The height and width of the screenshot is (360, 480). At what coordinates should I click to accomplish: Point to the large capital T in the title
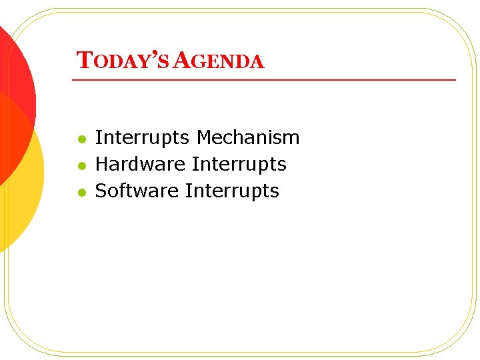83,61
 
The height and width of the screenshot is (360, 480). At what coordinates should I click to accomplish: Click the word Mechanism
248,138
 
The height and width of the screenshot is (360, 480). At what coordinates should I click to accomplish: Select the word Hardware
140,164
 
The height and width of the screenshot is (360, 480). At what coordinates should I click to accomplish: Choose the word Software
137,191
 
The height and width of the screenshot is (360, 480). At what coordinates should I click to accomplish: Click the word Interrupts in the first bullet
142,138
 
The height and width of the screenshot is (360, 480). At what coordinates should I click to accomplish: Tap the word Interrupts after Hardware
239,164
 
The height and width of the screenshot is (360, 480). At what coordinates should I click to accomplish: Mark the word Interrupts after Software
232,191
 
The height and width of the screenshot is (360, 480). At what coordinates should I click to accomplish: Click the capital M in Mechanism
204,138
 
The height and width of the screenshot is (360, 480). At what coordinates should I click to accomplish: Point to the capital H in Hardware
102,164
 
